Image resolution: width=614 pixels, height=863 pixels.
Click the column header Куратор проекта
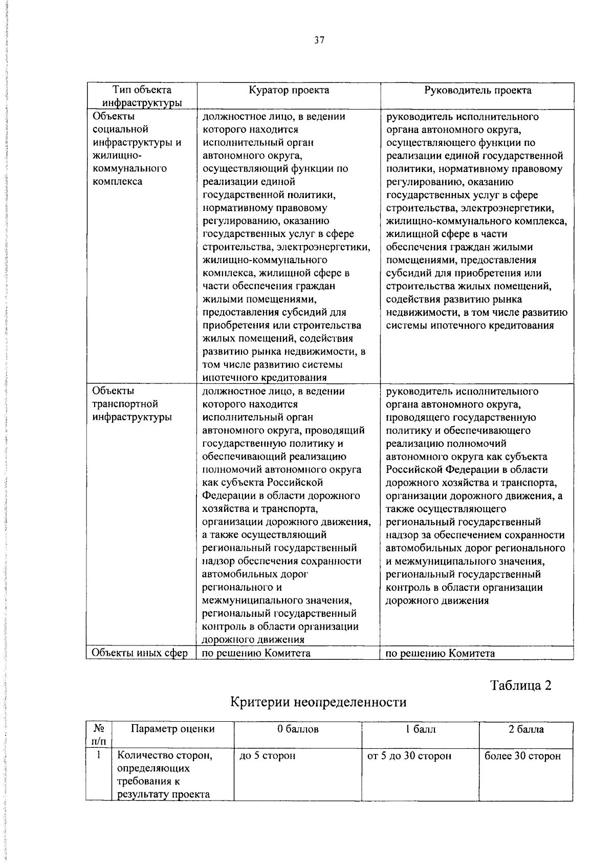tap(289, 91)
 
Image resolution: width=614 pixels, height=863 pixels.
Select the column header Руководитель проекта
tap(477, 91)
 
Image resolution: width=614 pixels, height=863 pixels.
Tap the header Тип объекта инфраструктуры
tap(141, 96)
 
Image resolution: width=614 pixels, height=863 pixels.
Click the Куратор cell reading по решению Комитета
tap(256, 653)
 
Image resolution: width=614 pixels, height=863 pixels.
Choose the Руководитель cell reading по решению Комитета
tap(440, 653)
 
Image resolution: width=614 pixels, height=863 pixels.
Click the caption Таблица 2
tap(521, 685)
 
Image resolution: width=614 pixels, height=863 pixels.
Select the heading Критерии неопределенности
tap(318, 702)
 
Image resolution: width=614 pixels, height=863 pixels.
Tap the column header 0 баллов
tap(298, 729)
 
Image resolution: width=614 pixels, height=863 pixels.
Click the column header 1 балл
tap(420, 729)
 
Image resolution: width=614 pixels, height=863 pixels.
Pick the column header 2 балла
tap(526, 729)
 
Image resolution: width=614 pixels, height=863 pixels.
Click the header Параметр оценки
tap(173, 729)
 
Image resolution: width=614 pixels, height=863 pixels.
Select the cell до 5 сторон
tap(267, 756)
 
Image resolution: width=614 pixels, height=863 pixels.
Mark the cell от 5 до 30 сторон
tap(409, 756)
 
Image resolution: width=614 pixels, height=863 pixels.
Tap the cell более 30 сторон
tap(522, 756)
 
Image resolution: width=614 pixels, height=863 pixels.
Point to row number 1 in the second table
tap(98, 756)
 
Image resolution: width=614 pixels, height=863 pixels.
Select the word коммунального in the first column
tap(129, 168)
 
